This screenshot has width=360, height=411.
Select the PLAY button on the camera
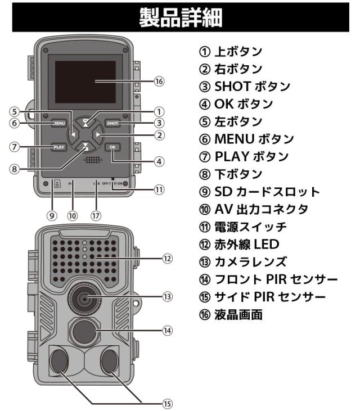click(x=58, y=147)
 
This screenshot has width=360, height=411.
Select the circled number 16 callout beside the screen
click(x=159, y=82)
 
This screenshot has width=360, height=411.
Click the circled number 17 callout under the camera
click(x=96, y=215)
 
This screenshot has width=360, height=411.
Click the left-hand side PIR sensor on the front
click(x=58, y=359)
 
